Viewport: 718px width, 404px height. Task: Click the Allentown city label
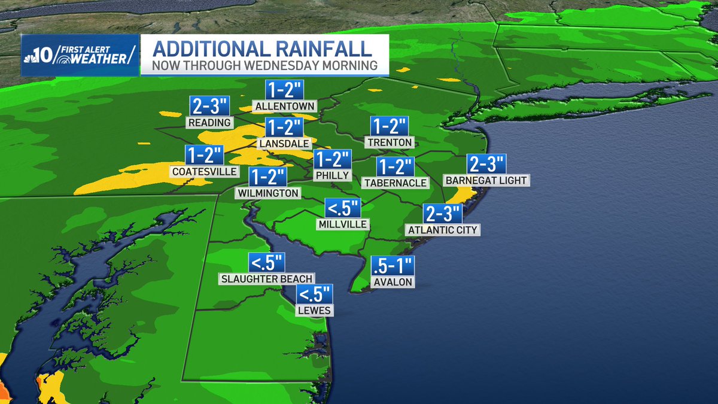(284, 107)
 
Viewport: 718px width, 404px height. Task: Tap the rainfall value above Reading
(209, 105)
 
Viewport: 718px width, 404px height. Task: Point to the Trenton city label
(390, 142)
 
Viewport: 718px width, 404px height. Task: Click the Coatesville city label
(204, 172)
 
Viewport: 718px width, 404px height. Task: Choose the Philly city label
(331, 175)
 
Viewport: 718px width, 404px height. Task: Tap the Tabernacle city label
(395, 183)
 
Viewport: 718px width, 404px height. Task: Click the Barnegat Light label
(487, 180)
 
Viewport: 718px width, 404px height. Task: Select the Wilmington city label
(267, 193)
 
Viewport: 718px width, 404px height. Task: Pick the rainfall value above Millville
(343, 209)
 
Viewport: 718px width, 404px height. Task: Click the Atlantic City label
(443, 229)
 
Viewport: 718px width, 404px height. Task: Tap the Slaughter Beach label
(267, 279)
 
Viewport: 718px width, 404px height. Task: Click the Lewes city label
(315, 311)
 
